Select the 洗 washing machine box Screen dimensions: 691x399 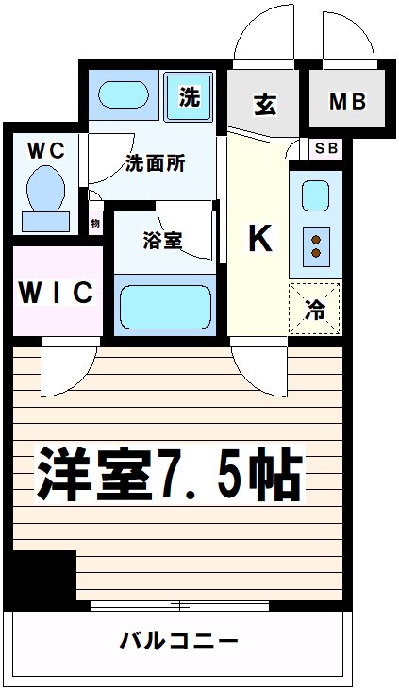coord(190,96)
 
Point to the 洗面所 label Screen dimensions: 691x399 coord(155,161)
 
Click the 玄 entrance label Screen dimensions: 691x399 coord(264,104)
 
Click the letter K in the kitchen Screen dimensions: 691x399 coord(258,240)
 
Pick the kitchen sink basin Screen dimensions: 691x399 coord(313,197)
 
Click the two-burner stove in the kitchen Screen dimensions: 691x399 coord(315,246)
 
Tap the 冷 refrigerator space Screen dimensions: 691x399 coord(314,308)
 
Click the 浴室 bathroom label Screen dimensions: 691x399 coord(161,240)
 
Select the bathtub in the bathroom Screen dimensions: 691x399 coord(164,305)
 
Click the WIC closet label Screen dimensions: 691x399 coord(56,292)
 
